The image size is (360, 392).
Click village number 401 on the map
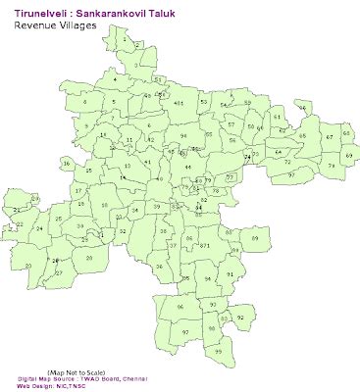tap(179, 101)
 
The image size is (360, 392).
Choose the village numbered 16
tap(67, 163)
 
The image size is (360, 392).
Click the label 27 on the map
tap(59, 271)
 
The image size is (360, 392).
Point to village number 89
tap(256, 238)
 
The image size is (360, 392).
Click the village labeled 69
tap(349, 156)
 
